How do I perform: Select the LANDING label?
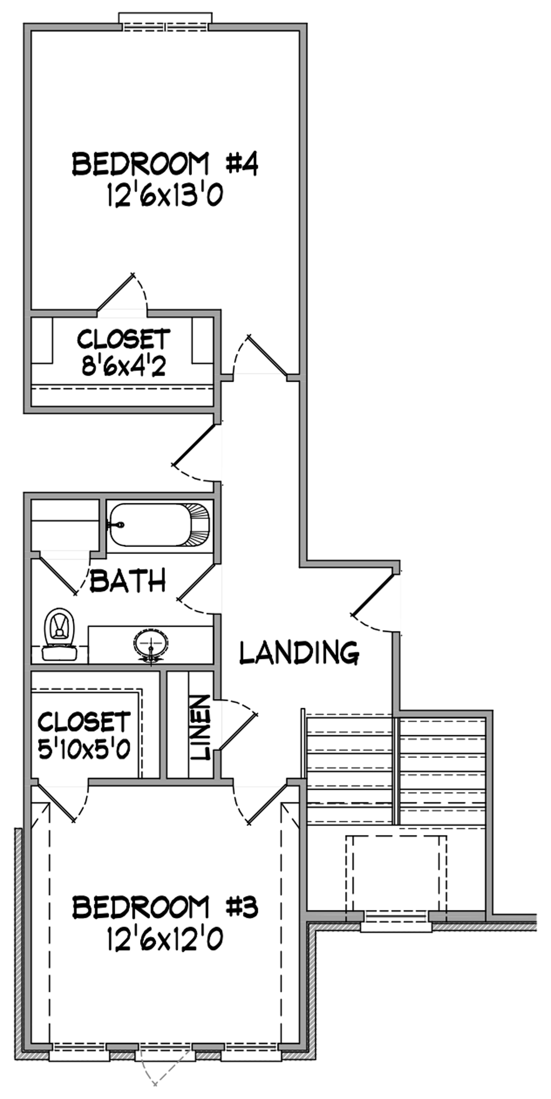299,653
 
